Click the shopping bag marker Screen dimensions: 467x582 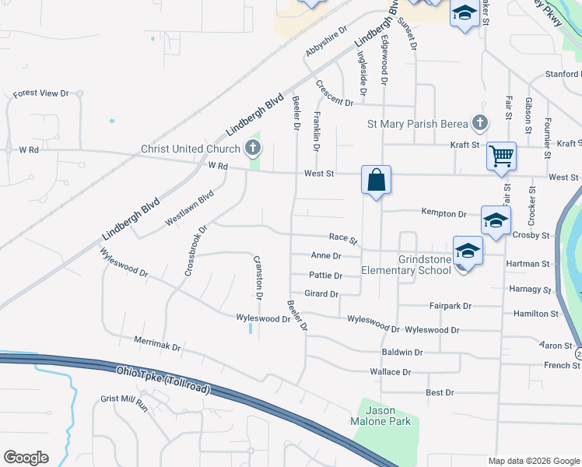pyautogui.click(x=376, y=181)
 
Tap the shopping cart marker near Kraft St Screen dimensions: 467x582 pyautogui.click(x=502, y=156)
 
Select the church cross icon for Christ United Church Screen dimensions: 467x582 pyautogui.click(x=253, y=147)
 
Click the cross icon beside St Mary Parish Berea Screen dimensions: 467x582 pyautogui.click(x=480, y=123)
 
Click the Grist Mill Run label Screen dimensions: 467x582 pyautogui.click(x=124, y=402)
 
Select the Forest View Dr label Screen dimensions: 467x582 pyautogui.click(x=41, y=93)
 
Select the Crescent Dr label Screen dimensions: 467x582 pyautogui.click(x=335, y=93)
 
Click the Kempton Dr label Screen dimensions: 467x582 pyautogui.click(x=444, y=212)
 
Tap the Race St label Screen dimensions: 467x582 pyautogui.click(x=342, y=239)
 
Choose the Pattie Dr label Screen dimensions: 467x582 pyautogui.click(x=326, y=276)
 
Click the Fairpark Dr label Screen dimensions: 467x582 pyautogui.click(x=451, y=306)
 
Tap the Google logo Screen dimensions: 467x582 pyautogui.click(x=26, y=458)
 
